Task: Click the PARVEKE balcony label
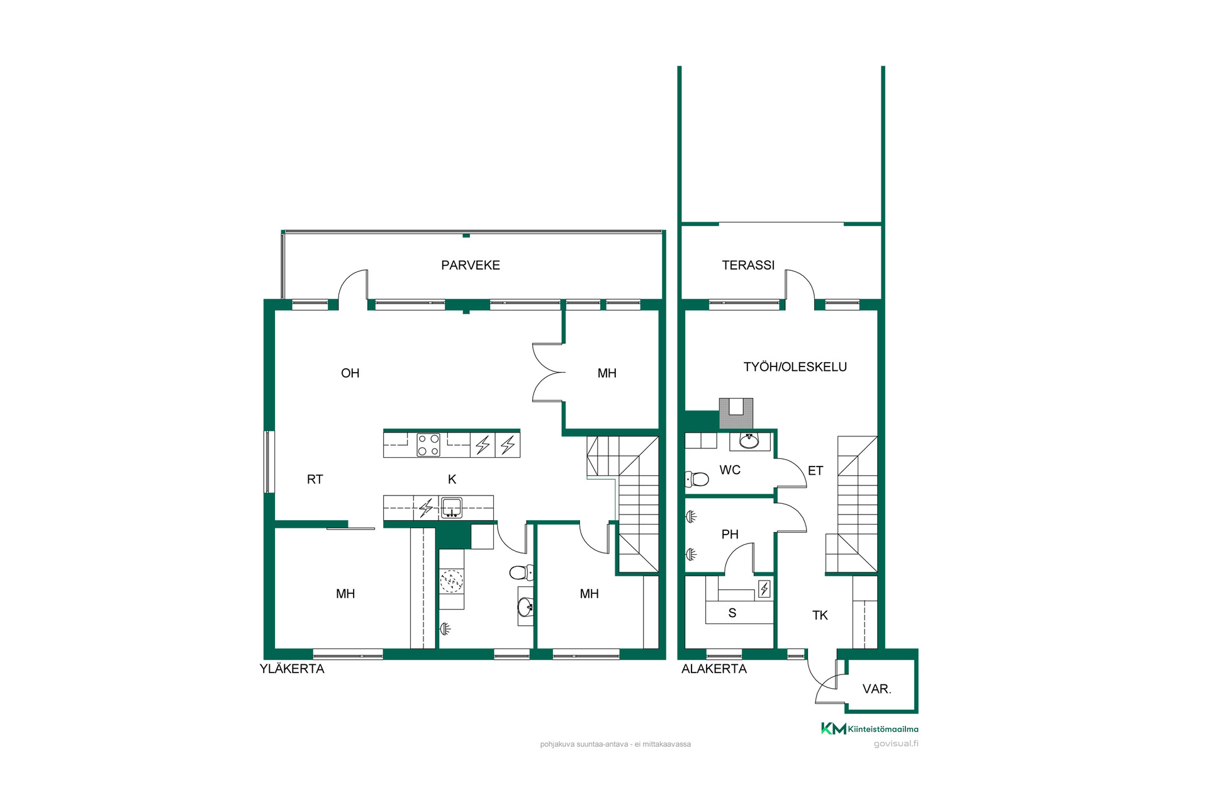pos(471,265)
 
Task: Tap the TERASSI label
pos(748,265)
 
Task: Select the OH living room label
pos(350,373)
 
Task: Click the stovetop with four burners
pos(428,445)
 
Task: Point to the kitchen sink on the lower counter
pos(451,508)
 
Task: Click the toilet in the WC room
pos(696,479)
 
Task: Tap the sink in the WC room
pos(749,441)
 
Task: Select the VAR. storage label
pos(876,689)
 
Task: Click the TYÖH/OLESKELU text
pos(795,366)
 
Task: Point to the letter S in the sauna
pos(732,613)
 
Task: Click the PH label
pos(730,534)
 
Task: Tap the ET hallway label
pos(815,470)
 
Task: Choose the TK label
pos(820,615)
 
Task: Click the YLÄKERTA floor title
pos(292,669)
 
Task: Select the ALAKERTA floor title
pos(714,669)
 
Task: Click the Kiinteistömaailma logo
pos(870,729)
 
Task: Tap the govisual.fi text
pos(896,744)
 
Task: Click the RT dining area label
pos(315,479)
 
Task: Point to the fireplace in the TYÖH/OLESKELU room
pos(736,413)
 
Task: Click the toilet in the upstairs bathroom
pos(521,572)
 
